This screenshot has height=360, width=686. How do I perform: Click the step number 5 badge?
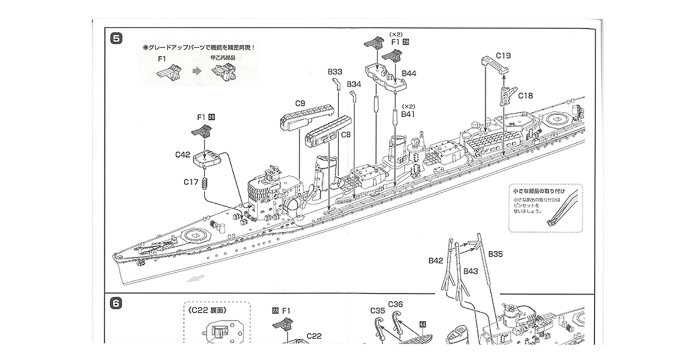coord(116,39)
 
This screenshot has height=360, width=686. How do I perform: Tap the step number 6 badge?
coord(116,303)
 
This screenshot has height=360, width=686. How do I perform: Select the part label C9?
coord(300,103)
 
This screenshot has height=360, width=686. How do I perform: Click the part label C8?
coord(346,135)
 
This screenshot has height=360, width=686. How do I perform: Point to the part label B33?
coord(335,72)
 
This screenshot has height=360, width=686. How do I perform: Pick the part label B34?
coord(354,84)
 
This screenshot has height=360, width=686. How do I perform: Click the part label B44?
coord(409,74)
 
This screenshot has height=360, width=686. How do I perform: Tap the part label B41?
coord(408,114)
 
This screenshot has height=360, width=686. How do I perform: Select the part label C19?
coord(503,55)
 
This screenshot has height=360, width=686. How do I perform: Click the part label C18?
coord(525,96)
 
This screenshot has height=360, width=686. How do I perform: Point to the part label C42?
coord(183,155)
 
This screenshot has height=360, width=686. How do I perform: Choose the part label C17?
coord(191,182)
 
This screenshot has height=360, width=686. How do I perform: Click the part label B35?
coord(495,254)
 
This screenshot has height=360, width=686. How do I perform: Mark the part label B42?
coord(435,261)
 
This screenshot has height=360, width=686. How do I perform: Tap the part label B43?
coord(470,271)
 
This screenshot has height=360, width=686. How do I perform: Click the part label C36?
coord(395,304)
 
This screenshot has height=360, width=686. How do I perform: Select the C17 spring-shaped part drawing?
coord(205,183)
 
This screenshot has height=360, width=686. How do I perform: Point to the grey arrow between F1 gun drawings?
coord(196,71)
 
